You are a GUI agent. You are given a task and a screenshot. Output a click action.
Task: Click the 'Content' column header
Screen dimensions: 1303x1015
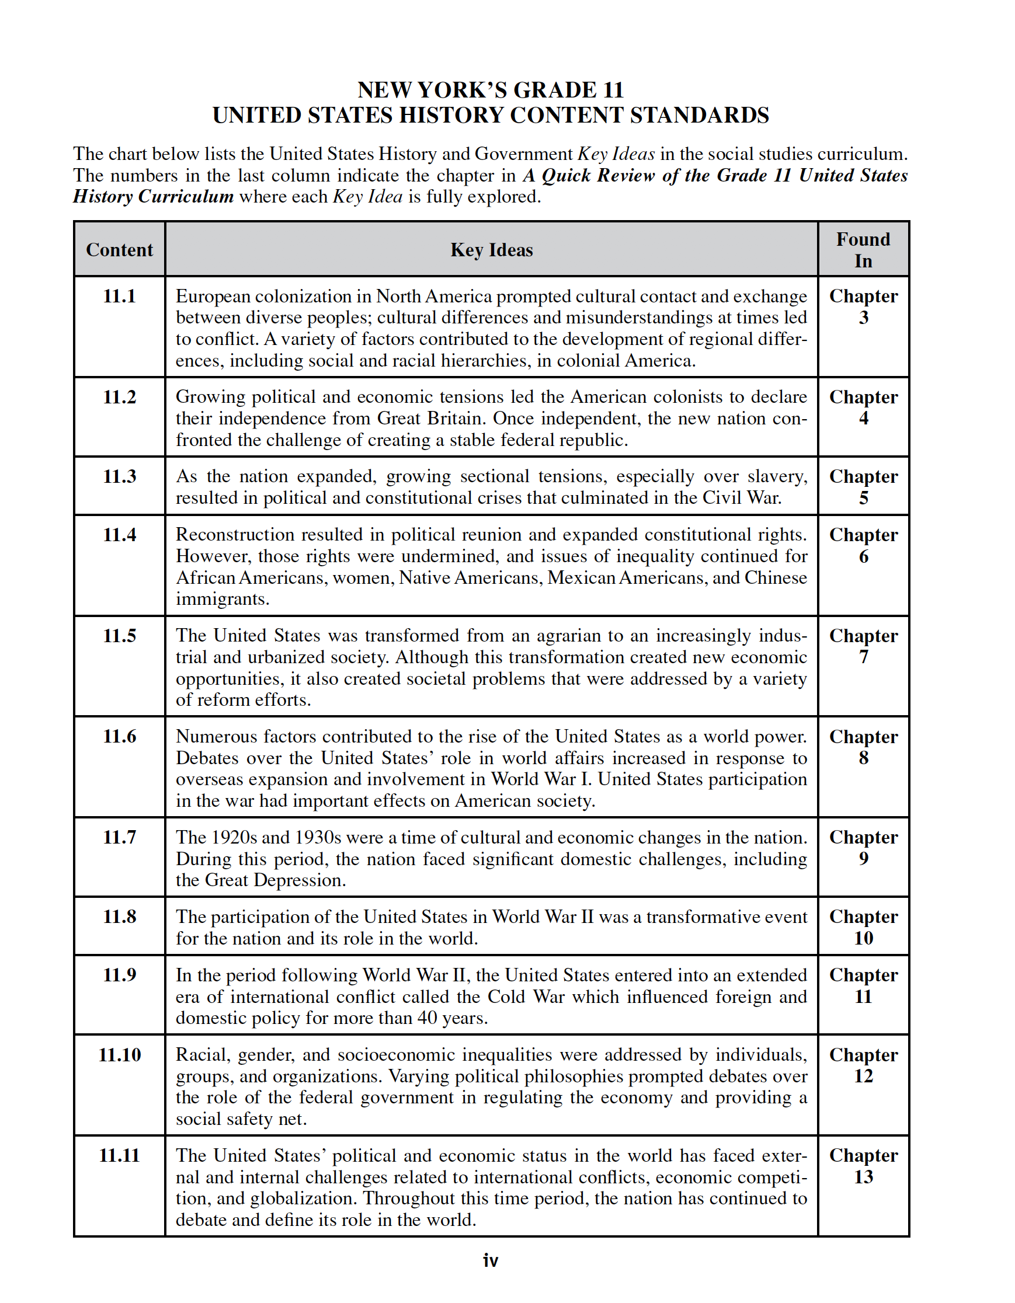pyautogui.click(x=119, y=249)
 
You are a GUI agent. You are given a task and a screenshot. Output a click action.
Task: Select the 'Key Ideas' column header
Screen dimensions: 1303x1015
pyautogui.click(x=491, y=249)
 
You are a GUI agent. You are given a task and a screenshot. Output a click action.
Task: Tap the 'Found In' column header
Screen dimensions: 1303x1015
pyautogui.click(x=863, y=249)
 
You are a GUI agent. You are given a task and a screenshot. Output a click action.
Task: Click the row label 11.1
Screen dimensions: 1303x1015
pyautogui.click(x=119, y=296)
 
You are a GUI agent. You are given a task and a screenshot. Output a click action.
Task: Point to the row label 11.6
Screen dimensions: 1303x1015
pyautogui.click(x=119, y=736)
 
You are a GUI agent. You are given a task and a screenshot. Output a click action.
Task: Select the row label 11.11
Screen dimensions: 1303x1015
pyautogui.click(x=119, y=1155)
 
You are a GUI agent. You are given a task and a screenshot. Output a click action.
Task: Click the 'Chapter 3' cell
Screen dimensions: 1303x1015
pyautogui.click(x=863, y=306)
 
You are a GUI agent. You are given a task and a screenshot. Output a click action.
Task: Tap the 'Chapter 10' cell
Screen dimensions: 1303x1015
pyautogui.click(x=863, y=927)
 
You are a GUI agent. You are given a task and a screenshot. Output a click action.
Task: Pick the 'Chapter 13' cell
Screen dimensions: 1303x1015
pyautogui.click(x=863, y=1166)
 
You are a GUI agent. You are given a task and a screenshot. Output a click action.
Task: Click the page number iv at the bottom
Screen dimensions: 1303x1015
pyautogui.click(x=491, y=1260)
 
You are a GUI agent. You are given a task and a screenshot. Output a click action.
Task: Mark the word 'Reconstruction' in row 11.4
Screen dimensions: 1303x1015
pyautogui.click(x=236, y=535)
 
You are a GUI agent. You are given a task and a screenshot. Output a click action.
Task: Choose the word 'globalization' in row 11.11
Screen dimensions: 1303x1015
pyautogui.click(x=304, y=1198)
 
